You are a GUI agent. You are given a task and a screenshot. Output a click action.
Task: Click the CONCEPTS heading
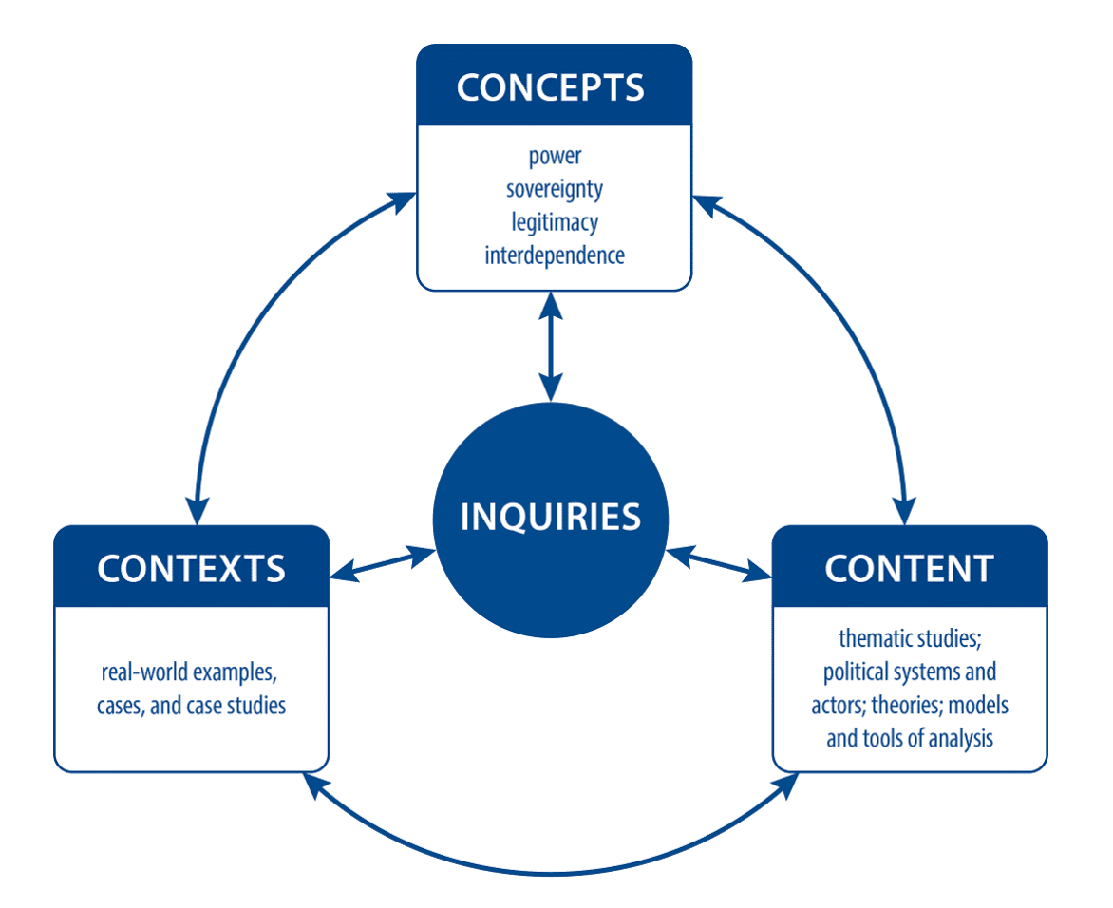coord(551,86)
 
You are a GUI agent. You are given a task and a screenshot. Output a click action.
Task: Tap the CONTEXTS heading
coord(191,567)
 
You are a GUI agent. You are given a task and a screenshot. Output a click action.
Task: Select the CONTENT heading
coord(909,567)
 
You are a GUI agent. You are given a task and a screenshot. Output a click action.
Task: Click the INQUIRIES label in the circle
coord(551,517)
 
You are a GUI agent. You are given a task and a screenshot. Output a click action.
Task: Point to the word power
coord(555,156)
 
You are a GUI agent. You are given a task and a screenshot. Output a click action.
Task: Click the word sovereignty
coord(555,188)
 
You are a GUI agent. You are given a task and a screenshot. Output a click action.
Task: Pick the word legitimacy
coord(555,221)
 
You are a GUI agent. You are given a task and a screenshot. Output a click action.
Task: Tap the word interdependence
coord(555,255)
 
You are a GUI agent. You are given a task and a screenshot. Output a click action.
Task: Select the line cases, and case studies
coord(191,706)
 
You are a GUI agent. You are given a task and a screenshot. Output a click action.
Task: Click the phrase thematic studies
coord(909,638)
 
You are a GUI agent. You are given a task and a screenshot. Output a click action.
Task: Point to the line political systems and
coord(909,672)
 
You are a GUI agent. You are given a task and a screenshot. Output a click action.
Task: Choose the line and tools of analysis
coord(910,738)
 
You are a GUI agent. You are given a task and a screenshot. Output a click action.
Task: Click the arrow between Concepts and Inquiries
coord(551,347)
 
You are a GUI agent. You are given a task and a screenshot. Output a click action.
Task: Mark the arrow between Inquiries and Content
coord(720,561)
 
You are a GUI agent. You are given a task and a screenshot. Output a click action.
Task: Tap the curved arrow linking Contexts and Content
coord(551,872)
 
